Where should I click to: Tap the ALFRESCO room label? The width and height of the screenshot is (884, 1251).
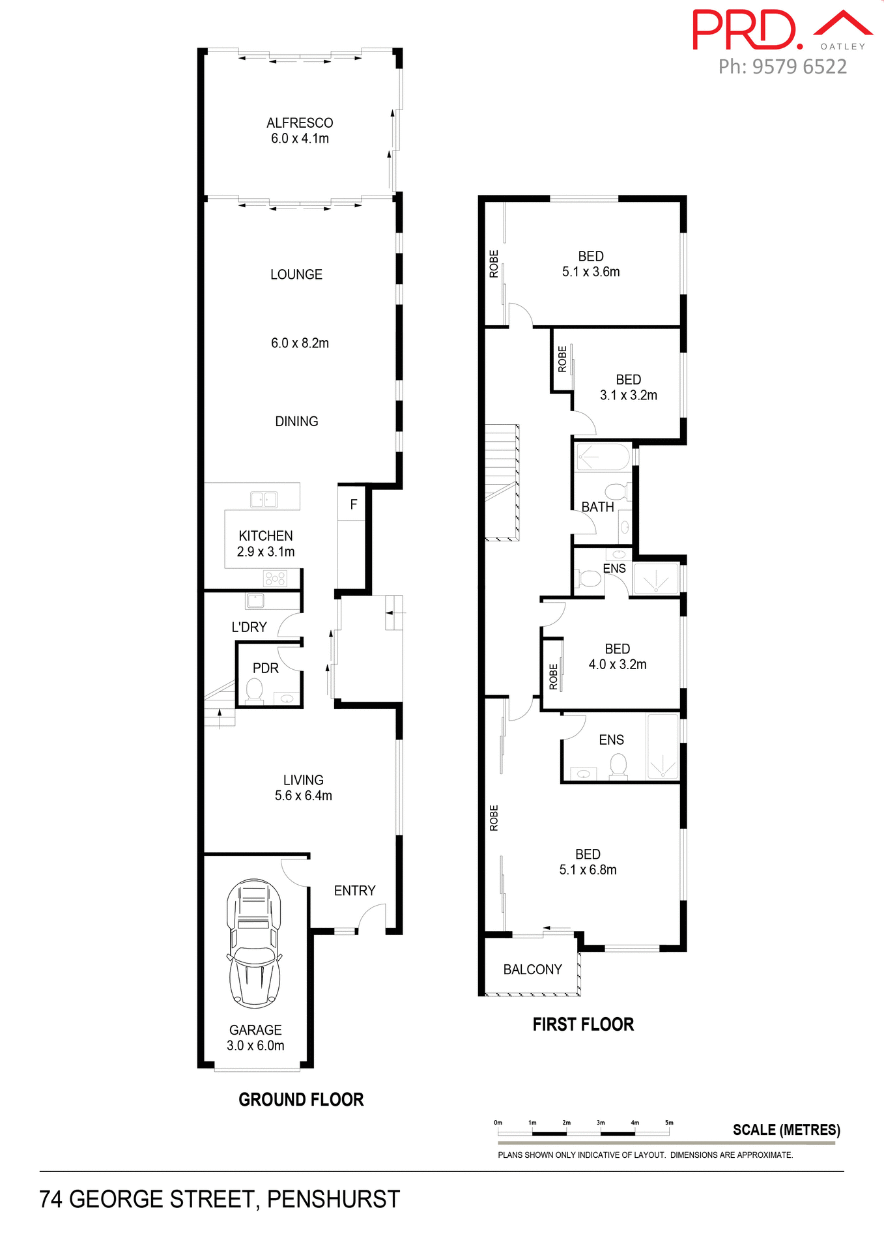pos(300,123)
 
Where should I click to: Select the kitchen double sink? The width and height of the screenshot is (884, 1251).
pos(264,500)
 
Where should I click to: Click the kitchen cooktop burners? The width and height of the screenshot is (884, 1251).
pos(275,578)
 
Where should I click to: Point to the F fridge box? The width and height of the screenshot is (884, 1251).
pos(353,504)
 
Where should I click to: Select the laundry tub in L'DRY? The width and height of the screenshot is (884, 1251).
pos(255,600)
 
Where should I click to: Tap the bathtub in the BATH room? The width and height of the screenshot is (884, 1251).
pos(603,457)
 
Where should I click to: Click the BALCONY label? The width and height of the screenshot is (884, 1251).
pos(532,970)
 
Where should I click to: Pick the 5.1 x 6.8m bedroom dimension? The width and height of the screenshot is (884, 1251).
pos(588,870)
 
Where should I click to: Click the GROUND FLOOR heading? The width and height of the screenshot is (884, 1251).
pos(301,1100)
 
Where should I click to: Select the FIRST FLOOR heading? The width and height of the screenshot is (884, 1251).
pos(583,1025)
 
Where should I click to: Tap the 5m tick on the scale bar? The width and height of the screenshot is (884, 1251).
pos(669,1123)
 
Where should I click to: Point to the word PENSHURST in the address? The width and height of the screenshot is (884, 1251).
pos(334,1200)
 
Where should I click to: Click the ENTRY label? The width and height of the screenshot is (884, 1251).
pos(354,891)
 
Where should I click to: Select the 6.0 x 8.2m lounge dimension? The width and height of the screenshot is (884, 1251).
pos(300,343)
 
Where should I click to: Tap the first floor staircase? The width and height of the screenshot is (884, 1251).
pos(502,482)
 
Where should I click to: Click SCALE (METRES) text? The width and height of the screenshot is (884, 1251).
pos(786,1130)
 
